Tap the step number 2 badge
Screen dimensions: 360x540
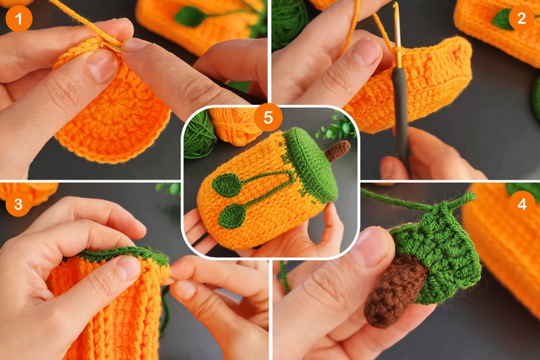click(522, 18)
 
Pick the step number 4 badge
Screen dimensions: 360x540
click(522, 203)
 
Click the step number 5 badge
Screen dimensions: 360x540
click(268, 118)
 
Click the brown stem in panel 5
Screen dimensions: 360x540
click(337, 151)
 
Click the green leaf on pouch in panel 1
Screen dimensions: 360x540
click(190, 16)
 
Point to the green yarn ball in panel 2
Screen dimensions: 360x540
click(288, 22)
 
